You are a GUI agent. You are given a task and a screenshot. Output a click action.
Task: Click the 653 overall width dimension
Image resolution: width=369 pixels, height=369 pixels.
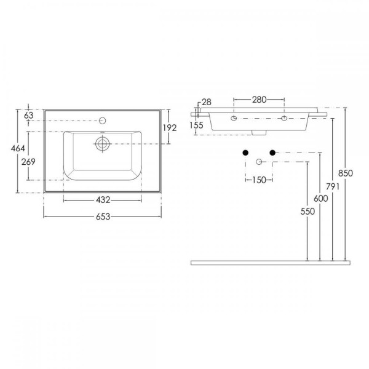tap(103, 216)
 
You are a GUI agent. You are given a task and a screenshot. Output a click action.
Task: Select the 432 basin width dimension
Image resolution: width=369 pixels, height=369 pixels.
tap(103, 200)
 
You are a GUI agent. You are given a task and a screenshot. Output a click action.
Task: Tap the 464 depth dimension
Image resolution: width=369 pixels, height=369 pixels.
tap(18, 148)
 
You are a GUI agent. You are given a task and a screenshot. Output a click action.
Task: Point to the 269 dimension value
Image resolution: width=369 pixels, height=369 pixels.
tap(28, 162)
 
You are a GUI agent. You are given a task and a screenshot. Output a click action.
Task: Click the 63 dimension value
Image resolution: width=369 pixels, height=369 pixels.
tap(29, 116)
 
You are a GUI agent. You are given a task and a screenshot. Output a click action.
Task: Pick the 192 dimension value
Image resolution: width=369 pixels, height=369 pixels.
tap(170, 128)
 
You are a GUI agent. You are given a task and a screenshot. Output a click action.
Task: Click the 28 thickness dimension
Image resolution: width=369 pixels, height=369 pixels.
tap(207, 102)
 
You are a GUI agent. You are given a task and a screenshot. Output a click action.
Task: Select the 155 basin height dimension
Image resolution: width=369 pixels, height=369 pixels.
tap(196, 125)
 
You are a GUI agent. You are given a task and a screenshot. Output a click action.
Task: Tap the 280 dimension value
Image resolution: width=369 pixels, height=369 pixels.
tap(259, 100)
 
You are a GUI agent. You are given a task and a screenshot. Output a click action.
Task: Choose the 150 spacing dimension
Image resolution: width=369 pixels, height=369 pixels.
tap(259, 180)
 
